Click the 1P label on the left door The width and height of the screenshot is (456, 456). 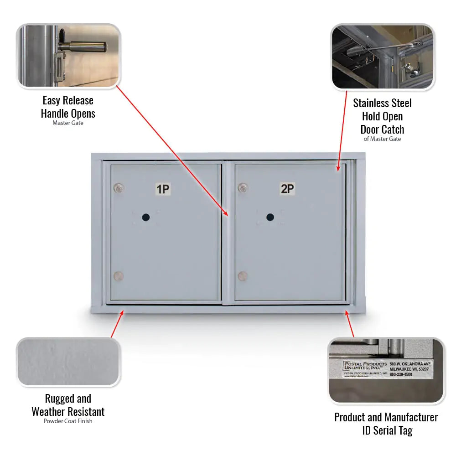[x=163, y=189]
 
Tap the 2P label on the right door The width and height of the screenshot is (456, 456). [x=287, y=188]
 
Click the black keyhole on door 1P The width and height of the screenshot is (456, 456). [x=145, y=218]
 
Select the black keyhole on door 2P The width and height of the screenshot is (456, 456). [x=270, y=217]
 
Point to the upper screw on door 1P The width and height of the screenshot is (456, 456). [x=119, y=187]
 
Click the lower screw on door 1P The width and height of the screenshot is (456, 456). [x=118, y=276]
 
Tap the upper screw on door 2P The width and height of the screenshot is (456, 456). [x=243, y=187]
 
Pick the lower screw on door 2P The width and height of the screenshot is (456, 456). [x=243, y=276]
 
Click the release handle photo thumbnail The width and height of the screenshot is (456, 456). [x=68, y=56]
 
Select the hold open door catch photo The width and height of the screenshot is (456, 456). [x=382, y=57]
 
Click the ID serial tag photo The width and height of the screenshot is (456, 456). [x=386, y=370]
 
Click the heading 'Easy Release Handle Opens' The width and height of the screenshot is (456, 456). [x=68, y=107]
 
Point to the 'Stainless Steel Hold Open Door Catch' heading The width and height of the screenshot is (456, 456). [x=382, y=116]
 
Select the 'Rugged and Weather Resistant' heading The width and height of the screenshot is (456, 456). [x=68, y=405]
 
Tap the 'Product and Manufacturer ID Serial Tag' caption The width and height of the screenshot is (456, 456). [x=386, y=424]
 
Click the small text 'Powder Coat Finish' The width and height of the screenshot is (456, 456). [x=68, y=421]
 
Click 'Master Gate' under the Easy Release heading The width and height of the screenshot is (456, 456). [x=68, y=123]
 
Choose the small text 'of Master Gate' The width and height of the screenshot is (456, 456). [x=382, y=139]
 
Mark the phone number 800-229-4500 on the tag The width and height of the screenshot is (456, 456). [x=401, y=374]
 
